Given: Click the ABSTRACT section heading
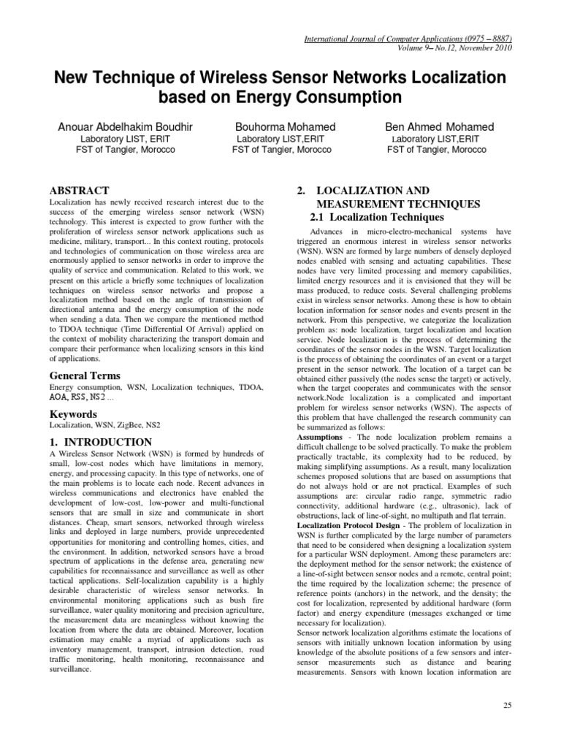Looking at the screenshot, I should [79, 190].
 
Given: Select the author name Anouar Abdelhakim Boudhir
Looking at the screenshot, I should [125, 127].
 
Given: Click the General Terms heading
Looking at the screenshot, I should [84, 375].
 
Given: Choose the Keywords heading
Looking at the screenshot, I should [73, 414].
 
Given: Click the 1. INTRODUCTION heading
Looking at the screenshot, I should [100, 442].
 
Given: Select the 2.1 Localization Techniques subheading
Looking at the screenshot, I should [373, 217].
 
